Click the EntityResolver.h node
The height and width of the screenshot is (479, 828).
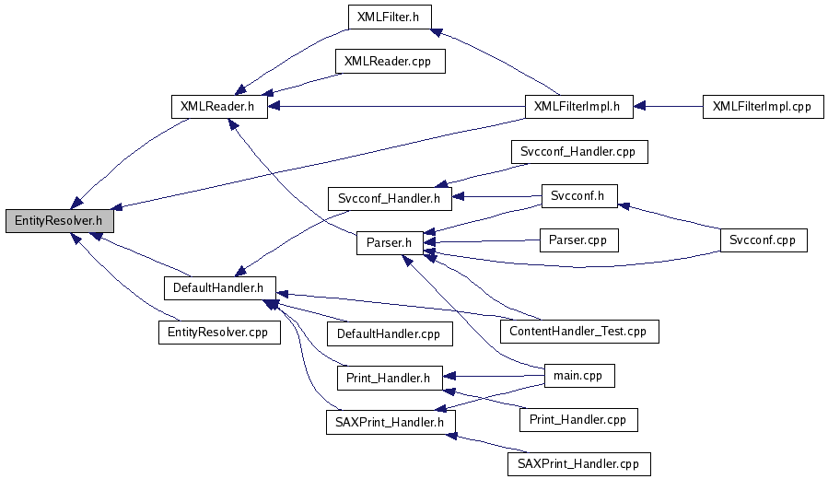click(59, 221)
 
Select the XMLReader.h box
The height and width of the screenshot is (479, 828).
click(218, 106)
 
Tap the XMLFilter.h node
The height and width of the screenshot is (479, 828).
click(389, 17)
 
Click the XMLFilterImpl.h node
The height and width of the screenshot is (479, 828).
click(577, 106)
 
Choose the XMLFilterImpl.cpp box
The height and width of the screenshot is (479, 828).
click(761, 106)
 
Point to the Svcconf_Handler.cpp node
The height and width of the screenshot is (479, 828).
click(578, 151)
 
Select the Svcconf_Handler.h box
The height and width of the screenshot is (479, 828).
click(390, 196)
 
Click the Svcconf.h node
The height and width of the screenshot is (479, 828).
click(578, 196)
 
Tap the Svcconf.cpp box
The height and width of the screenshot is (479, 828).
click(764, 240)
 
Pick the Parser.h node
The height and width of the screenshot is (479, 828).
click(390, 243)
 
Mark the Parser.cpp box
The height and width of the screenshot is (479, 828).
click(578, 240)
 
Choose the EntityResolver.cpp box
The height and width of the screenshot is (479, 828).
click(218, 332)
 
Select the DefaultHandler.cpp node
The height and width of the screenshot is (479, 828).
click(389, 333)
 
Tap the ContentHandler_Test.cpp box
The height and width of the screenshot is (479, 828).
click(579, 331)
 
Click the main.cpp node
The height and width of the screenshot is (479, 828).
click(578, 376)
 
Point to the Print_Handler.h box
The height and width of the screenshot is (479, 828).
click(389, 378)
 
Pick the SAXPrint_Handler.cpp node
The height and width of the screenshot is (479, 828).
click(578, 463)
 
